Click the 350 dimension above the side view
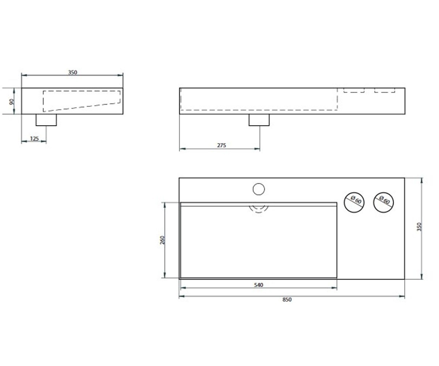point(72,72)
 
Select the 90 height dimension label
point(11,102)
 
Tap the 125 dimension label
point(34,139)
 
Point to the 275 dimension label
point(221,145)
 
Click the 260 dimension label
point(162,240)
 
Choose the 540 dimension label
point(258,285)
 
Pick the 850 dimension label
point(287,299)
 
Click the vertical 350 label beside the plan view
point(419,227)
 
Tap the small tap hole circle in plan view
point(259,189)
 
